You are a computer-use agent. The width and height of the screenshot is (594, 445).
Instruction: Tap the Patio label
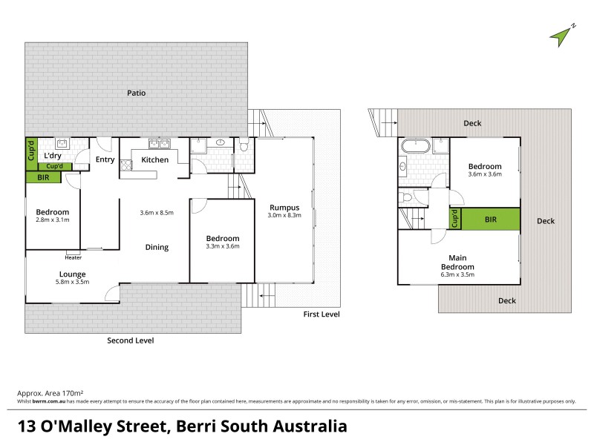pos(135,93)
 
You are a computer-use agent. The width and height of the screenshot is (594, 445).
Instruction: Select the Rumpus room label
pos(284,207)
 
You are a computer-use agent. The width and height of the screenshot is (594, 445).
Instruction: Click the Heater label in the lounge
pos(73,258)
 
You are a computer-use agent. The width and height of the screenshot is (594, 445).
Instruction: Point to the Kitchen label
pos(154,159)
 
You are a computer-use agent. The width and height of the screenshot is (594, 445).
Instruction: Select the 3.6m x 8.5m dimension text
pos(157,213)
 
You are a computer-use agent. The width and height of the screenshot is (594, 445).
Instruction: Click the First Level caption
pos(322,315)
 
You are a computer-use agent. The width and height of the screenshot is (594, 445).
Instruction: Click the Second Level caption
pos(131,340)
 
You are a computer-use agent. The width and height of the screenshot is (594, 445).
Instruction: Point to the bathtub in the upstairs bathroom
pos(411,146)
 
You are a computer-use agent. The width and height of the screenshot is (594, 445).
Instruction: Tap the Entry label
pos(105,159)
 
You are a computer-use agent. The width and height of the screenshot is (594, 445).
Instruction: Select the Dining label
pos(157,248)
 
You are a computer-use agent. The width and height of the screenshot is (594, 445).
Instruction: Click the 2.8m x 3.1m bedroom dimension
pos(53,220)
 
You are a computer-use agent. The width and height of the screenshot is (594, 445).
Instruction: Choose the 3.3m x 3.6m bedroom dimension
pos(223,246)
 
